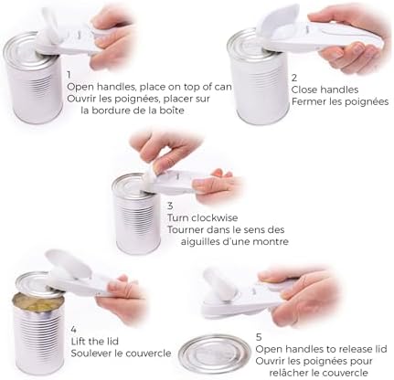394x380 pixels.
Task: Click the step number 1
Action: click(x=69, y=72)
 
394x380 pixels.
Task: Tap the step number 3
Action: click(x=171, y=206)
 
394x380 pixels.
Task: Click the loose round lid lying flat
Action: click(x=214, y=354)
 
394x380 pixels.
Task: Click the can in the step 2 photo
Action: click(x=256, y=82)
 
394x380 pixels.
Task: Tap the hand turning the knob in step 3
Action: click(x=155, y=151)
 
